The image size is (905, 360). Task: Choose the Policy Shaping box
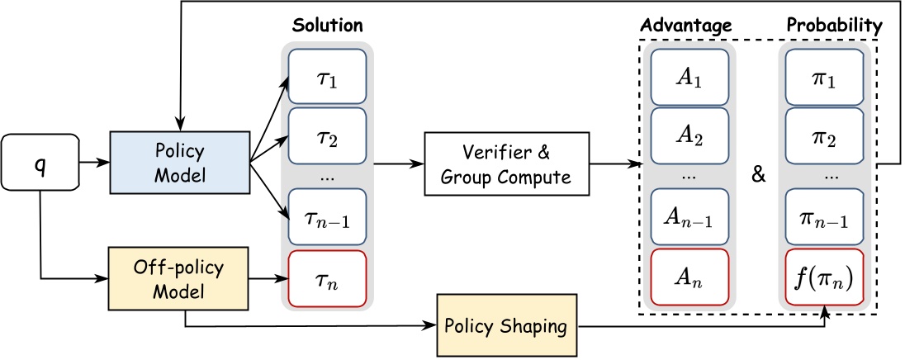(x=505, y=326)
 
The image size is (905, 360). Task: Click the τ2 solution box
(x=327, y=135)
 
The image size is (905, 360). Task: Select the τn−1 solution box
(x=327, y=218)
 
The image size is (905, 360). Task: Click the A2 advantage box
(x=689, y=135)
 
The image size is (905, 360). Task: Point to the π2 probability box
(x=822, y=135)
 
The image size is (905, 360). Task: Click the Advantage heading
(x=686, y=26)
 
